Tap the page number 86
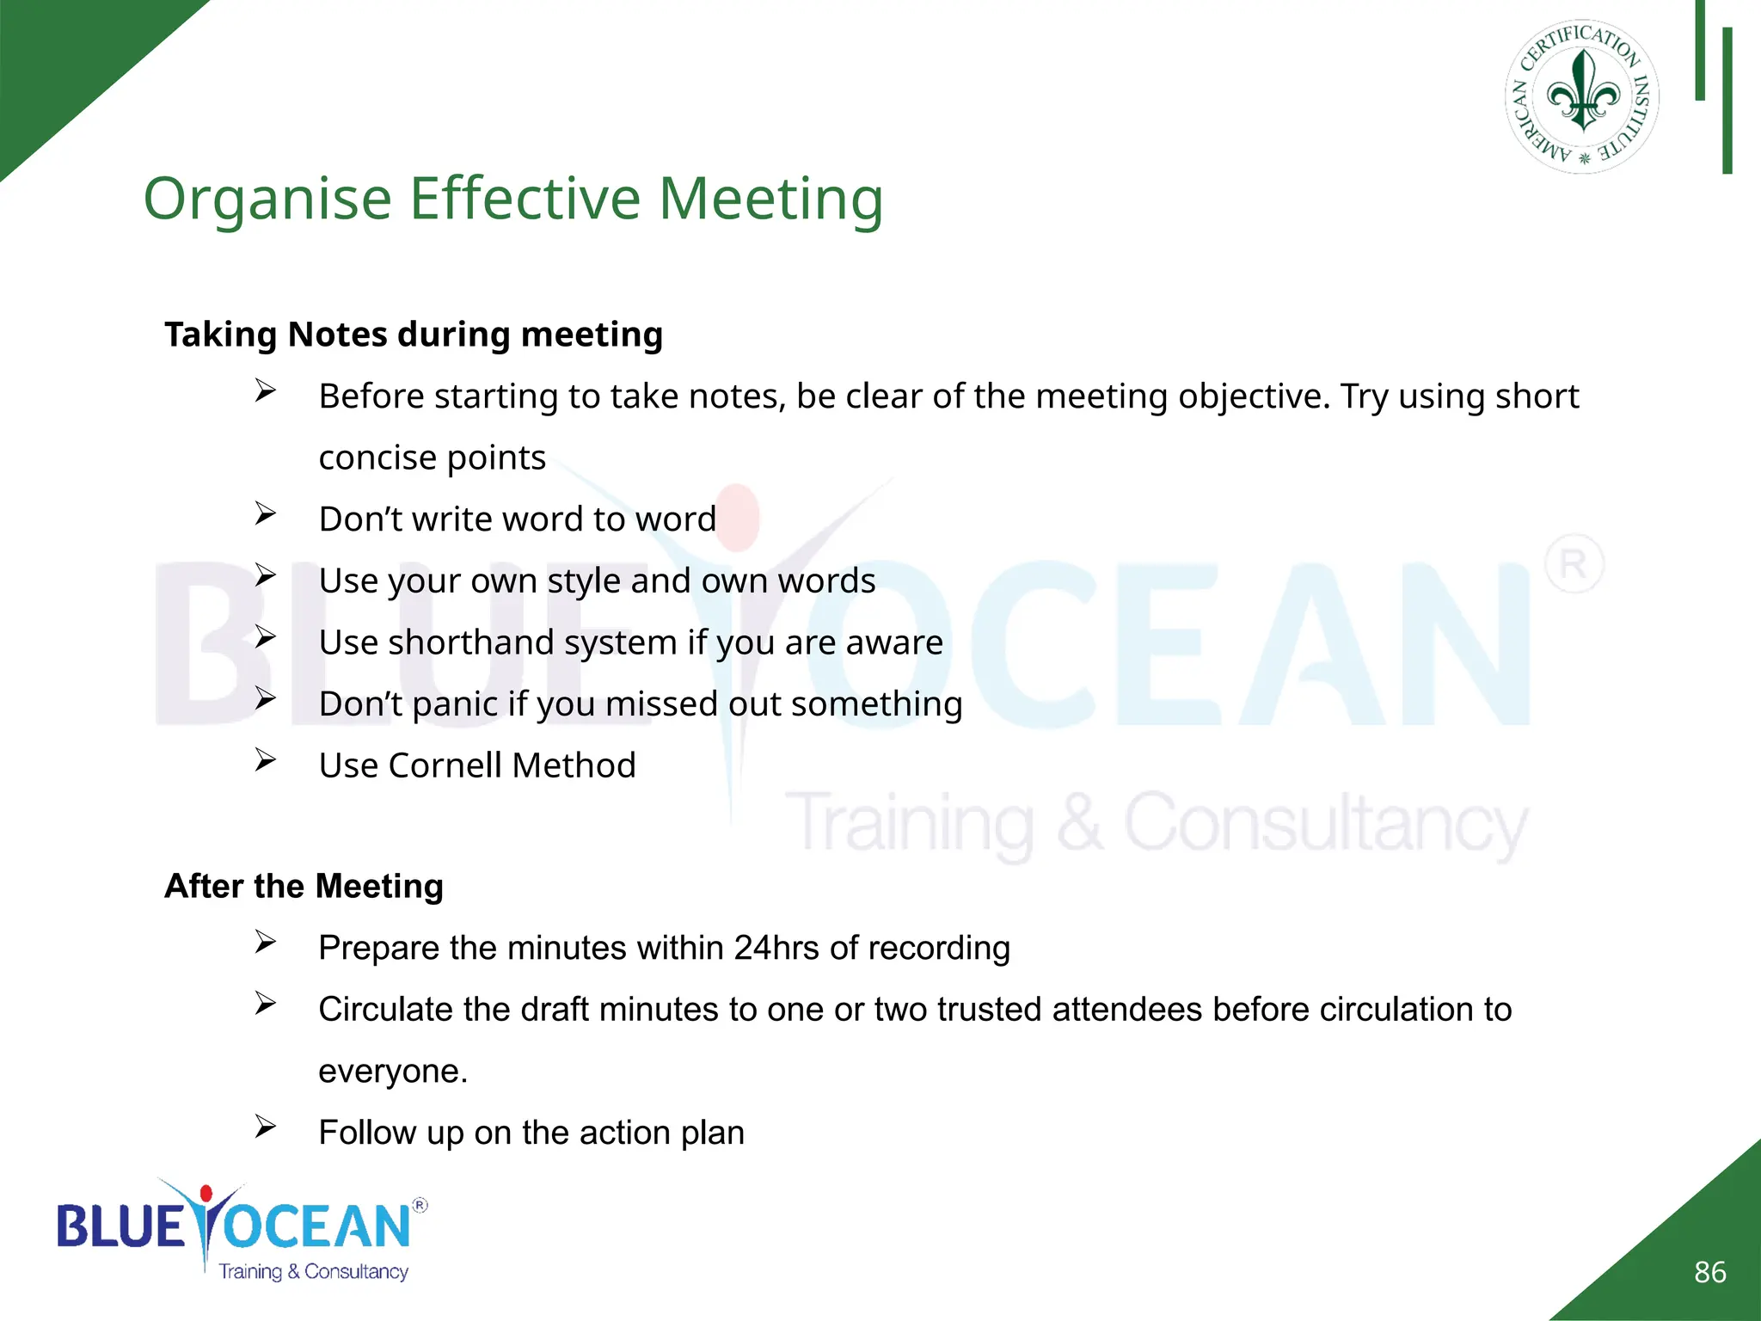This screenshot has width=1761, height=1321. [1709, 1272]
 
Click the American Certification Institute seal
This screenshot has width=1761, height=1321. [1582, 96]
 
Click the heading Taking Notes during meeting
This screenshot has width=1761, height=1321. [414, 335]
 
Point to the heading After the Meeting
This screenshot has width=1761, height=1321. [304, 886]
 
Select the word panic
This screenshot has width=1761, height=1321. [455, 704]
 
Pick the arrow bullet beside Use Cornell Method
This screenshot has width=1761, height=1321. [265, 760]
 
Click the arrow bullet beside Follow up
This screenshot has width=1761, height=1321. [265, 1127]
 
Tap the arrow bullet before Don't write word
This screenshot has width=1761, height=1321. [265, 514]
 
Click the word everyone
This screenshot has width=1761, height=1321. [392, 1072]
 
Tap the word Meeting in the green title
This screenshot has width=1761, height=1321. [770, 200]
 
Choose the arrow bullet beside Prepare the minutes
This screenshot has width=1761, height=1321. [265, 943]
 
